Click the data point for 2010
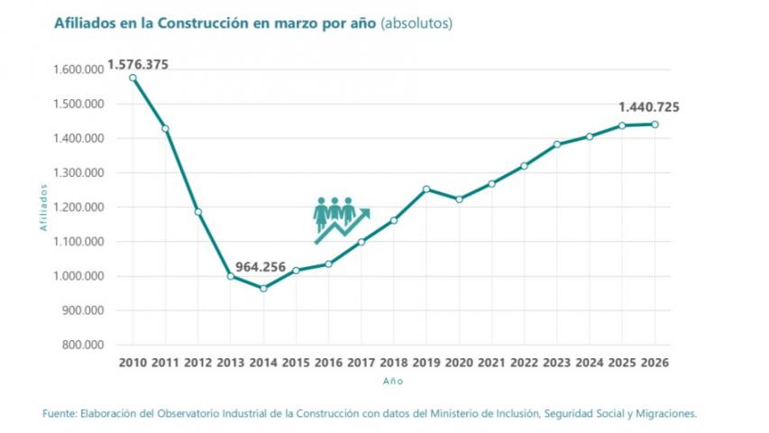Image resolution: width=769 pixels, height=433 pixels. click(x=133, y=78)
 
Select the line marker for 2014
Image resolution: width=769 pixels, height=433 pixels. click(x=263, y=288)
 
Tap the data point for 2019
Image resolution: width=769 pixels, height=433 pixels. click(x=426, y=189)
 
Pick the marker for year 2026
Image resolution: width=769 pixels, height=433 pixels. click(x=655, y=124)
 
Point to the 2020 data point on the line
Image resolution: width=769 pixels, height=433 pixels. click(x=459, y=199)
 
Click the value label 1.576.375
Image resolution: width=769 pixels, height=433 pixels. click(x=138, y=64)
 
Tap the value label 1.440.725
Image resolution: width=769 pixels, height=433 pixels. click(x=648, y=107)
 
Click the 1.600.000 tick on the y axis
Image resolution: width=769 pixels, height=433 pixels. click(x=80, y=69)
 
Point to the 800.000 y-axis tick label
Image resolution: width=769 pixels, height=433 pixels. click(x=84, y=345)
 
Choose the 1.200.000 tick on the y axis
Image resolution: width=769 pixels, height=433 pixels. click(x=80, y=207)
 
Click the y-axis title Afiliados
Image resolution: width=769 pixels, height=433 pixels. click(x=42, y=207)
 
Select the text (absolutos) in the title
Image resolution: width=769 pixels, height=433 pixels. click(x=417, y=23)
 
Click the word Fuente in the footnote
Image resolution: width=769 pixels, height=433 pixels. click(x=60, y=413)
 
